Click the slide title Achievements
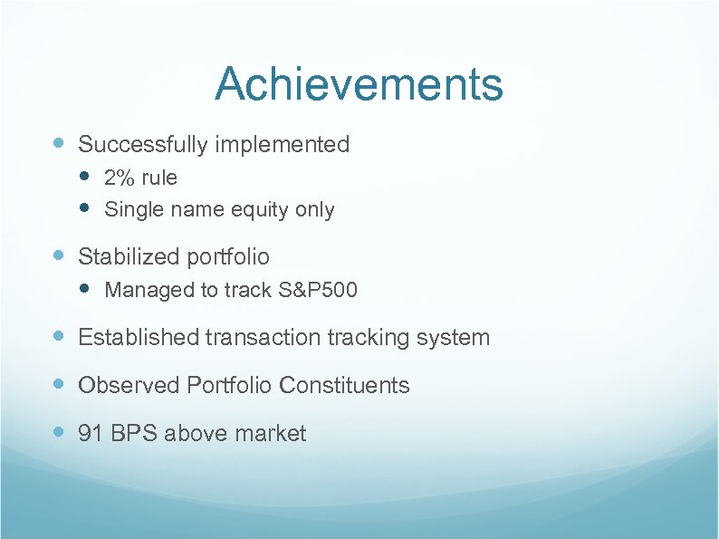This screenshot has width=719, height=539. [x=359, y=85]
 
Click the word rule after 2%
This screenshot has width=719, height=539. [x=158, y=178]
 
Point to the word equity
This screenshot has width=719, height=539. [x=260, y=210]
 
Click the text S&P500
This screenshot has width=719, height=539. [x=318, y=291]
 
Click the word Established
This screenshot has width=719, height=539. [x=139, y=338]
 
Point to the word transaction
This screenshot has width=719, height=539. [x=263, y=338]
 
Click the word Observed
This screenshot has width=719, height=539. [x=129, y=385]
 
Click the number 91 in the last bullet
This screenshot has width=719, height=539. [x=91, y=434]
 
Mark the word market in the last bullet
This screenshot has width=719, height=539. [x=270, y=434]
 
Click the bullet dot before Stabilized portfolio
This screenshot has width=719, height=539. [x=59, y=256]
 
